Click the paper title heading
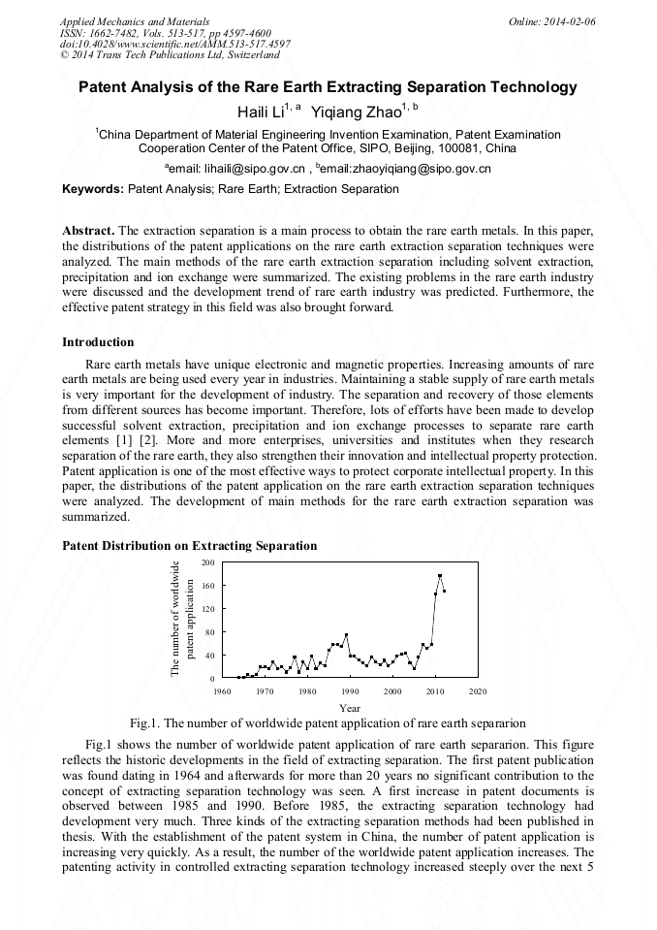click(328, 87)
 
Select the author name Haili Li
click(264, 112)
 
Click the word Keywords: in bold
click(93, 189)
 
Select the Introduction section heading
click(98, 342)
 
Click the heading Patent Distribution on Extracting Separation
click(189, 546)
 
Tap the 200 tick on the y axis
click(208, 562)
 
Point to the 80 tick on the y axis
click(210, 632)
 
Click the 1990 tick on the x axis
click(350, 691)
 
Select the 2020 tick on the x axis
click(478, 691)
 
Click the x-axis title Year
click(350, 708)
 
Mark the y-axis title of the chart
click(183, 619)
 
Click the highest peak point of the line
click(440, 576)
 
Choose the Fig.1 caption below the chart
click(328, 723)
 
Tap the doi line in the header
click(174, 44)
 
